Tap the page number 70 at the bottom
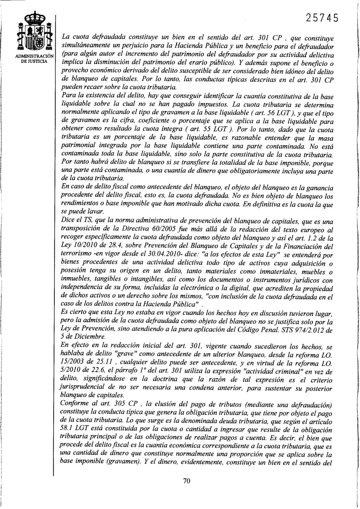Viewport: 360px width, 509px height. click(x=187, y=481)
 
